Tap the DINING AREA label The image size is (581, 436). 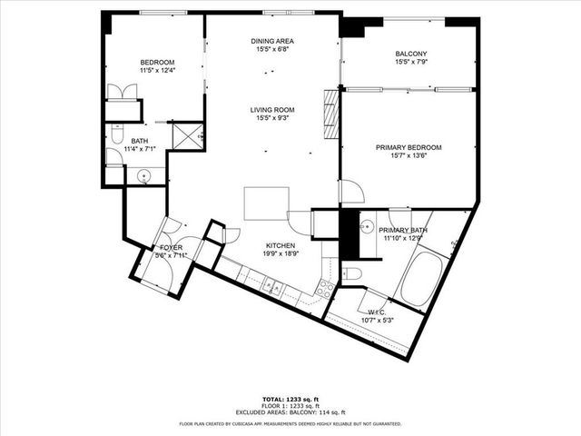point(271,42)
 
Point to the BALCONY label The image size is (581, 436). point(411,54)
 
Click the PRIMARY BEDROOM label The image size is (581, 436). point(409,147)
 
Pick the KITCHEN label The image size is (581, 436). point(279,246)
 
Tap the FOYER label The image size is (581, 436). point(172,247)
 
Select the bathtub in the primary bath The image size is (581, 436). point(422,278)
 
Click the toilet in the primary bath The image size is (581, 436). point(352,273)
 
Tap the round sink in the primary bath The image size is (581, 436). point(369,226)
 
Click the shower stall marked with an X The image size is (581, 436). point(187,136)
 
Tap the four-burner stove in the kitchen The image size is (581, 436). point(323,289)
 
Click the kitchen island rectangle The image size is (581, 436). point(266,203)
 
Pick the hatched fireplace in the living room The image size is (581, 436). point(330,114)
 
